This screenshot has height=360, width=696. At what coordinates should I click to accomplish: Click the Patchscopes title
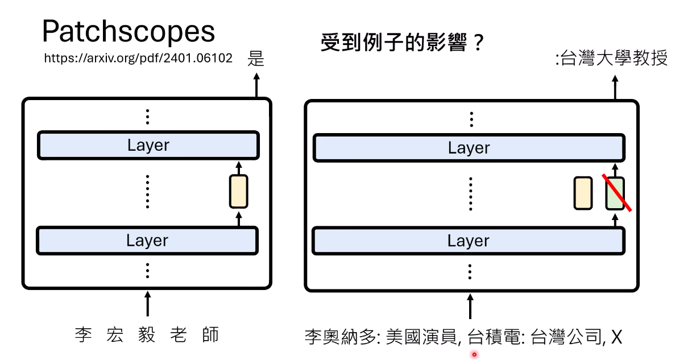point(129,32)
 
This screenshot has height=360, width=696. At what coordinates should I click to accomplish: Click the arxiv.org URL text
point(138,58)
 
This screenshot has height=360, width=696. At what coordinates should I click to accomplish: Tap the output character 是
point(256,58)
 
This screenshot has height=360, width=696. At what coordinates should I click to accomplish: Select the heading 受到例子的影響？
point(402,42)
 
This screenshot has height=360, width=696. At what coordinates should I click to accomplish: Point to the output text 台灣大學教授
point(614,58)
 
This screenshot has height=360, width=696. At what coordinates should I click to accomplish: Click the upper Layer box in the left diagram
point(148,145)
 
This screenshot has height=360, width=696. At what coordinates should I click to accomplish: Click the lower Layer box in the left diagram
point(147,241)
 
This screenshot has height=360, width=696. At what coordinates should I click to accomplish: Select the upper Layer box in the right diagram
point(469,148)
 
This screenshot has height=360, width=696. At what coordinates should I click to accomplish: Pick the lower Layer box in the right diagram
point(469,241)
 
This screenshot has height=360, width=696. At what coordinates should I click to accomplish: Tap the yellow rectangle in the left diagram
point(239,191)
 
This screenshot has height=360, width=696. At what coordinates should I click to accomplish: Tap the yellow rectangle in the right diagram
point(583,193)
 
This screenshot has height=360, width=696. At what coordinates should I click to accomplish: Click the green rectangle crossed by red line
point(615,193)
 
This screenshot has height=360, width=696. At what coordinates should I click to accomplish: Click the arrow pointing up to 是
point(256,85)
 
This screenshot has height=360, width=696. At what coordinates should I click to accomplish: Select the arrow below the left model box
point(148,304)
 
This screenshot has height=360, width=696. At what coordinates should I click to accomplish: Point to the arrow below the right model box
point(470,307)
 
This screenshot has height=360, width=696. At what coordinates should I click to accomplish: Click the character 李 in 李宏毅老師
point(84,335)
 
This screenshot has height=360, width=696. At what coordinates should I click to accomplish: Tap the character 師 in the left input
point(210,335)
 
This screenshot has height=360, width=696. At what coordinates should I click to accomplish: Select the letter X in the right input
point(617,337)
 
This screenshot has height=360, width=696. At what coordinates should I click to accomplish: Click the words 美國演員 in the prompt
point(421,337)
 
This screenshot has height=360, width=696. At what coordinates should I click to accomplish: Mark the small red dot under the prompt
point(474,354)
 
